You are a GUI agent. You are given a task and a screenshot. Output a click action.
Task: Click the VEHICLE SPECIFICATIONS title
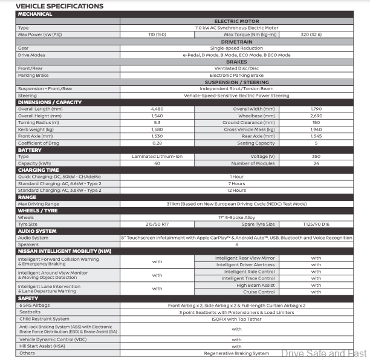pyautogui.click(x=60, y=6)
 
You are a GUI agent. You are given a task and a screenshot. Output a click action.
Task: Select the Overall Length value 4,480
pyautogui.click(x=157, y=109)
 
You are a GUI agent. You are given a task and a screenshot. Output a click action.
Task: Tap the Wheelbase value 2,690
pyautogui.click(x=316, y=115)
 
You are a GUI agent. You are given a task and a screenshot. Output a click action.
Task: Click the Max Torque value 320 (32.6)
pyautogui.click(x=316, y=34)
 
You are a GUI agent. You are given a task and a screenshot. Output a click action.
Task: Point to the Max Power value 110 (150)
pyautogui.click(x=157, y=34)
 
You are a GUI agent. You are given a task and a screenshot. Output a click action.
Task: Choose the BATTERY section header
pyautogui.click(x=30, y=149)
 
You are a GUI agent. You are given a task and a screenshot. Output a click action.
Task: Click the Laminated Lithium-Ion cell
pyautogui.click(x=157, y=156)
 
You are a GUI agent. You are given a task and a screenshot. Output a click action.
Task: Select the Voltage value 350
pyautogui.click(x=316, y=156)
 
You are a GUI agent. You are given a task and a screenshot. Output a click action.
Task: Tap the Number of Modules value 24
pyautogui.click(x=316, y=163)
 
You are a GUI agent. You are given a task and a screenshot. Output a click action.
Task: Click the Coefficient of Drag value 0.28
pyautogui.click(x=157, y=143)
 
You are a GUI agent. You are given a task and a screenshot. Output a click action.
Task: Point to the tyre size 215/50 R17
pyautogui.click(x=157, y=224)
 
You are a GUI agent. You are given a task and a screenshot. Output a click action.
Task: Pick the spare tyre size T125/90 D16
pyautogui.click(x=316, y=224)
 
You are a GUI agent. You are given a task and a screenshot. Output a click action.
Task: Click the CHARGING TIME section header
pyautogui.click(x=39, y=170)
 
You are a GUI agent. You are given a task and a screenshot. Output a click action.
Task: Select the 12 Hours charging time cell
pyautogui.click(x=236, y=190)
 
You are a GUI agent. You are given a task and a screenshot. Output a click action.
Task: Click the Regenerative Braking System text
pyautogui.click(x=236, y=353)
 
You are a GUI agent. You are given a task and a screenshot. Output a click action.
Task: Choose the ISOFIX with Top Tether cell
pyautogui.click(x=236, y=318)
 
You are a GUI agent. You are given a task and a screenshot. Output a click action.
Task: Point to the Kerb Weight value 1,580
pyautogui.click(x=157, y=129)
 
